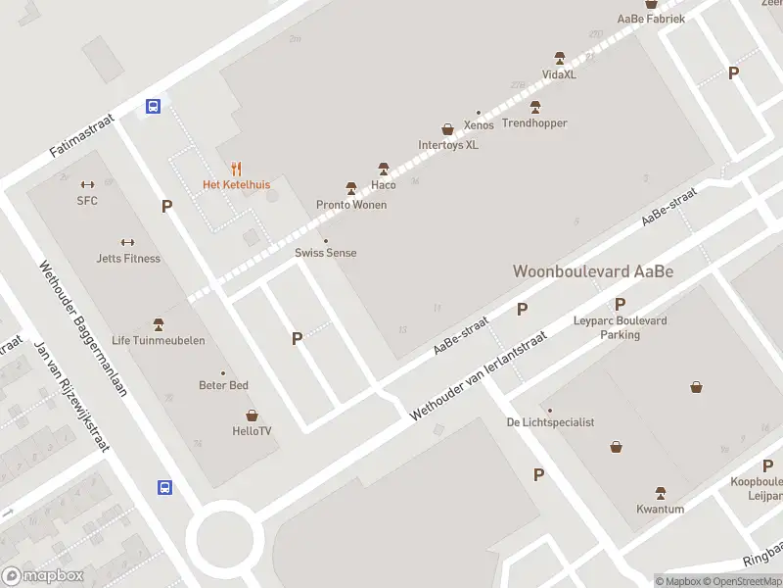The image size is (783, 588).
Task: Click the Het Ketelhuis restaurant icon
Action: pyautogui.click(x=236, y=169)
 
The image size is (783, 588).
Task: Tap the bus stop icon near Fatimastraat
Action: pyautogui.click(x=154, y=106)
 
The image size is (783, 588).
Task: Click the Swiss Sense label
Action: pyautogui.click(x=326, y=253)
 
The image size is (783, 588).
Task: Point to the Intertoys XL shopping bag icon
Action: pyautogui.click(x=448, y=128)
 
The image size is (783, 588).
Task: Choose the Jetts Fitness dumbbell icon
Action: pyautogui.click(x=127, y=243)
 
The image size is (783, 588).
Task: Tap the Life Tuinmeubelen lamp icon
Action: pyautogui.click(x=159, y=324)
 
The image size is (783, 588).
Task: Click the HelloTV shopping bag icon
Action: pyautogui.click(x=252, y=415)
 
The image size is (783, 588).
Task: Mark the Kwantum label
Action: pyautogui.click(x=660, y=510)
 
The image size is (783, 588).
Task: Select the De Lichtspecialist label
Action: pyautogui.click(x=550, y=422)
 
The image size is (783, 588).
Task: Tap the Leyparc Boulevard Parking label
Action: pyautogui.click(x=620, y=327)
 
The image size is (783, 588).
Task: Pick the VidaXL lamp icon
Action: pyautogui.click(x=560, y=58)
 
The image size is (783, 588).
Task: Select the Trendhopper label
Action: pyautogui.click(x=534, y=123)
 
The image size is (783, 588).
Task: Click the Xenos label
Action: pyautogui.click(x=479, y=125)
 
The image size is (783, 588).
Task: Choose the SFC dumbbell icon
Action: pyautogui.click(x=87, y=184)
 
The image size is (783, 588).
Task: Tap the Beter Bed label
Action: pyautogui.click(x=223, y=385)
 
